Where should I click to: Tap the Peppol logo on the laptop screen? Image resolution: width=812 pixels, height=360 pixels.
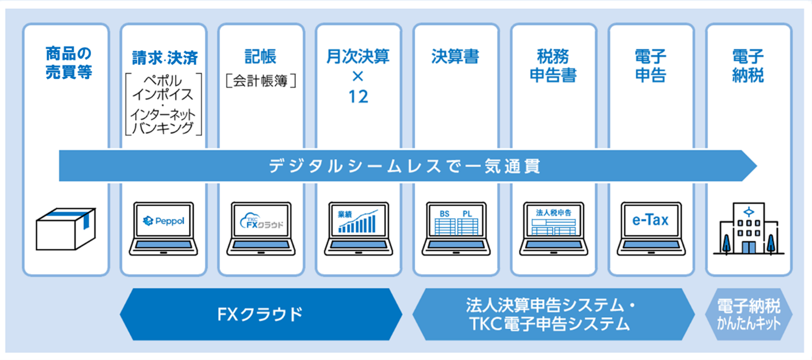(163, 221)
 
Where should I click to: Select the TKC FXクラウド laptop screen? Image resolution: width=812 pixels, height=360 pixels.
(261, 221)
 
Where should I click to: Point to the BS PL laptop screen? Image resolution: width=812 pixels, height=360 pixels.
(456, 222)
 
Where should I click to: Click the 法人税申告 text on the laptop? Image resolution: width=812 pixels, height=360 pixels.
(553, 212)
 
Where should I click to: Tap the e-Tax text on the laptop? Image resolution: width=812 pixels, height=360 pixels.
(651, 220)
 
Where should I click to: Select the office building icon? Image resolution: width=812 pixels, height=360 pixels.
(748, 230)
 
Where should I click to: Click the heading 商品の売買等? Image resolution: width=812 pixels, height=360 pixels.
(68, 63)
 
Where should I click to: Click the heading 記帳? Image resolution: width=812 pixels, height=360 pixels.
(260, 56)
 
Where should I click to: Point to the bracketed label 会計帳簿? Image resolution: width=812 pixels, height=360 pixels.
(260, 82)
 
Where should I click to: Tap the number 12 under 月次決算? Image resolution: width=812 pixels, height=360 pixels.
(358, 97)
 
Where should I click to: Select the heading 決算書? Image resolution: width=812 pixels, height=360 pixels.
(455, 57)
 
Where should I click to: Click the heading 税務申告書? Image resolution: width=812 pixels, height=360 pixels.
(553, 65)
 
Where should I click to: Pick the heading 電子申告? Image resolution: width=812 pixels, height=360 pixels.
(651, 65)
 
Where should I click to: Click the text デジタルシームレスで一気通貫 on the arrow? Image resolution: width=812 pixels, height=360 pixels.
(404, 166)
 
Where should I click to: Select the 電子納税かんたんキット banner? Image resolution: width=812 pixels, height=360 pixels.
(748, 315)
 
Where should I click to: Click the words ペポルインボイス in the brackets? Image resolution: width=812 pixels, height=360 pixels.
(164, 87)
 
